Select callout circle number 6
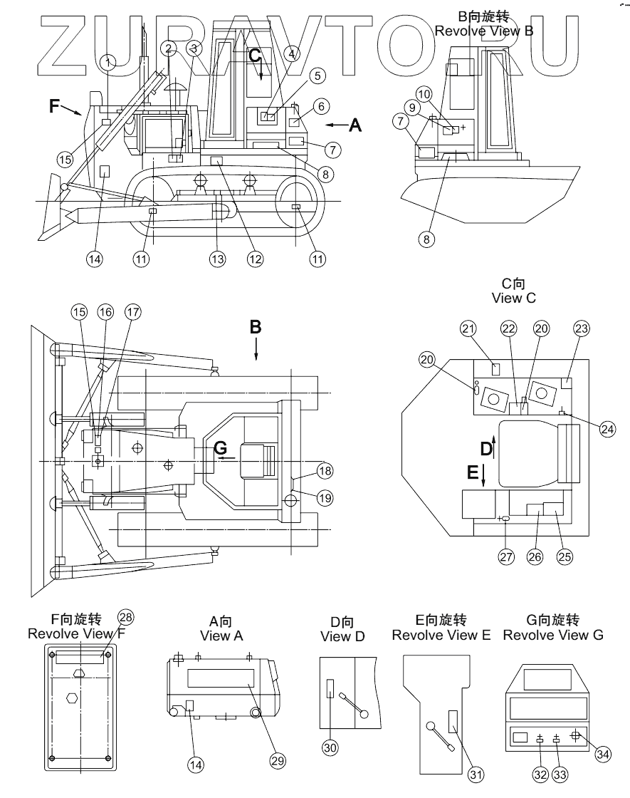point(320,107)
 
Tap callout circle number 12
point(255,259)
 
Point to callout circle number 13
point(217,259)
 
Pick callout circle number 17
point(132,311)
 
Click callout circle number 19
point(325,498)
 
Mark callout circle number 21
point(467,328)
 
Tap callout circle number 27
point(506,557)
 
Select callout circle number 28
point(125,617)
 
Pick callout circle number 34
point(603,753)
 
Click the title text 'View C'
point(513,298)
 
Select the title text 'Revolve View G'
point(553,635)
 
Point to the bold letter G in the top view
point(221,448)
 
